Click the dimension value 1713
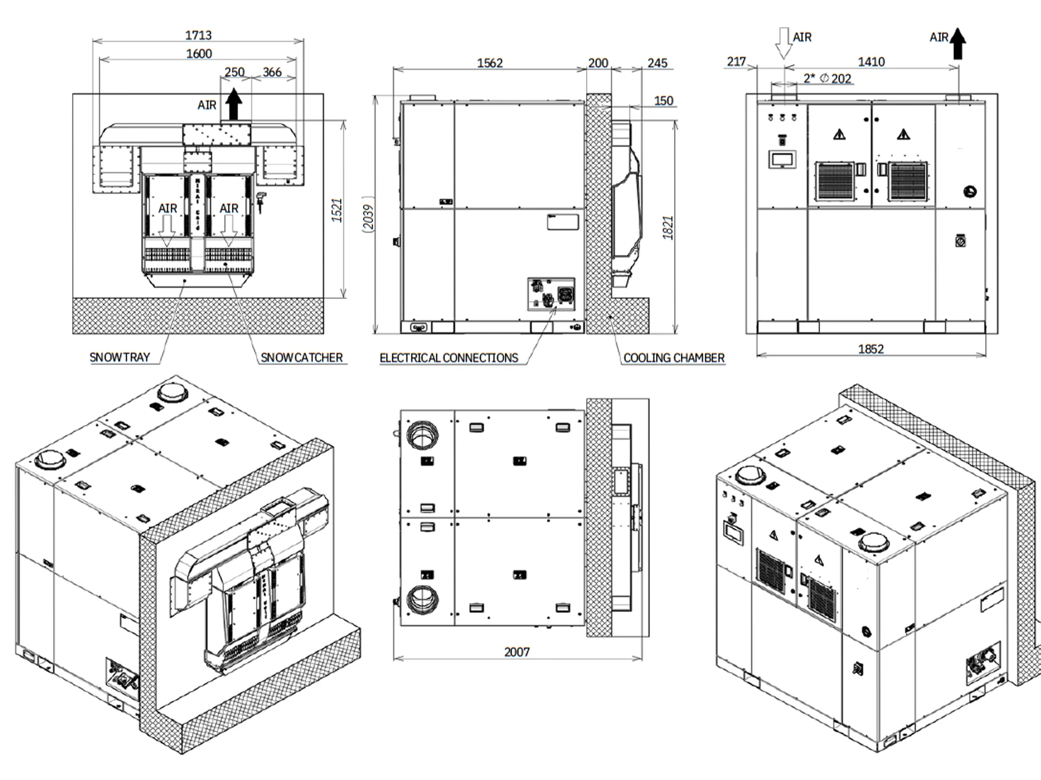coord(198,35)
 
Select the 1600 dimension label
coord(199,53)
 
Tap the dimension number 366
coord(272,72)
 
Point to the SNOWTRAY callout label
coord(120,357)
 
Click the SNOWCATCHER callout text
coord(301,358)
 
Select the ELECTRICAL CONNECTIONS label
coord(449,358)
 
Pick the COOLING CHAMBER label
coord(674,358)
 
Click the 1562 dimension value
coord(490,63)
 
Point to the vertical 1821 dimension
coord(668,227)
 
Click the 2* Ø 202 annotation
coord(827,78)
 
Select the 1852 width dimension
coord(871,349)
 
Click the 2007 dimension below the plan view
coord(517,652)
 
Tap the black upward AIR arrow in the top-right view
coord(958,44)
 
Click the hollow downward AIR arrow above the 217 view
coord(783,43)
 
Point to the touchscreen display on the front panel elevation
coord(782,160)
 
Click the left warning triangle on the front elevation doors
coord(839,134)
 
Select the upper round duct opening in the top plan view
coord(422,434)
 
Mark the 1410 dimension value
coord(871,62)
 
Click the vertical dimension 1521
coord(337,210)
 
